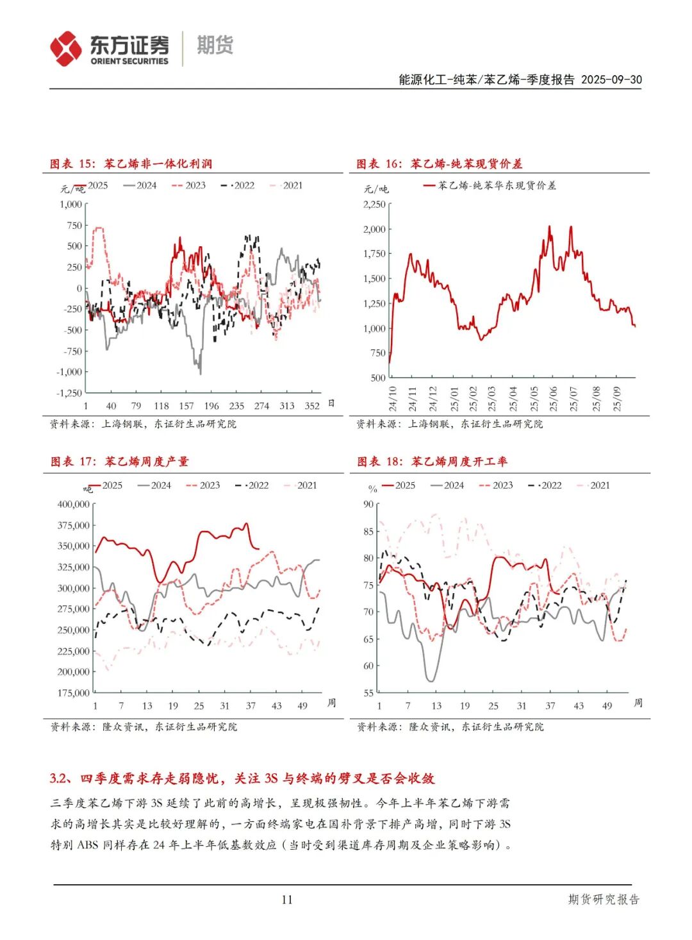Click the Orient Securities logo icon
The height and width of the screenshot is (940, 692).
click(x=66, y=49)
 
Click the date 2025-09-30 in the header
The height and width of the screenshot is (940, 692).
click(x=611, y=80)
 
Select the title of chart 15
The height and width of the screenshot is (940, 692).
click(x=131, y=164)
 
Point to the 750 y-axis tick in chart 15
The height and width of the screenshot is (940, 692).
click(x=74, y=226)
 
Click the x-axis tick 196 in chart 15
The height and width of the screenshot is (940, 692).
click(x=211, y=406)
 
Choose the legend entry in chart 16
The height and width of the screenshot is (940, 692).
click(x=490, y=186)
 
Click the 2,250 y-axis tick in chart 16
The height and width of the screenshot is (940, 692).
click(x=374, y=205)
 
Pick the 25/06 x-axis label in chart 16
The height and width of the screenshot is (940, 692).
click(x=553, y=398)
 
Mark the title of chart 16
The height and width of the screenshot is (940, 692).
click(x=439, y=164)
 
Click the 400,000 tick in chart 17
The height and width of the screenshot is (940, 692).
click(x=74, y=505)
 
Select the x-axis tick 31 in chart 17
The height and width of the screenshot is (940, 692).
click(x=224, y=706)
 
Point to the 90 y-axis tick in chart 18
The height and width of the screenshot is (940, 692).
click(x=368, y=505)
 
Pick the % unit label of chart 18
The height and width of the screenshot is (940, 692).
click(x=373, y=489)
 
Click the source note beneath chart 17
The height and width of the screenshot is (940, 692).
click(x=144, y=727)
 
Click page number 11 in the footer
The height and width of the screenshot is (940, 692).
click(x=286, y=900)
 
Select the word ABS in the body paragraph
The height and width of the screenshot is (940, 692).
click(x=88, y=845)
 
